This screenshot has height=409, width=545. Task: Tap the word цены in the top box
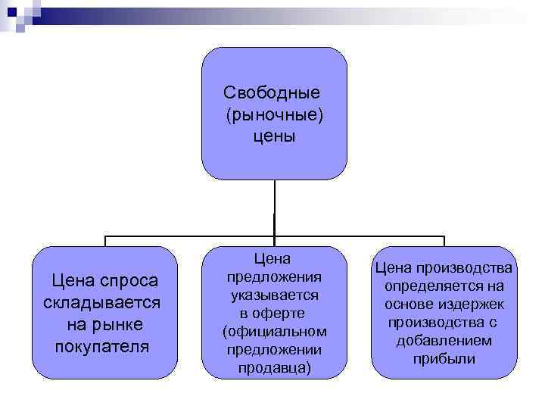click(x=274, y=136)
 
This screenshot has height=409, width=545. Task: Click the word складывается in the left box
click(x=102, y=303)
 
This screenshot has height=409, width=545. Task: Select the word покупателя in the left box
click(x=102, y=347)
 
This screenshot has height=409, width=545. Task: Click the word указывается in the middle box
click(x=274, y=295)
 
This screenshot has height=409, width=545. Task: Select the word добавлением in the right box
click(x=444, y=341)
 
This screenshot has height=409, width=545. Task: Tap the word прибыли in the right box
click(x=444, y=359)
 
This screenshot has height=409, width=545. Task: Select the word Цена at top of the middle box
click(x=274, y=258)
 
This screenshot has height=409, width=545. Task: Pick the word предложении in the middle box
click(x=274, y=350)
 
